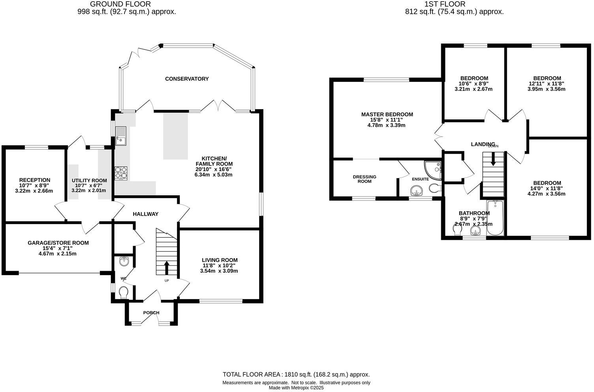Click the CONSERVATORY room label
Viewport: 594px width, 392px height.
[x=186, y=79]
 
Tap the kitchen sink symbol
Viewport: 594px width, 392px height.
[x=120, y=136]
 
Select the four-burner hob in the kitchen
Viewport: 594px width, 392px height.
[x=121, y=173]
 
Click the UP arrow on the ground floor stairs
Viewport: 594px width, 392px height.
[x=166, y=268]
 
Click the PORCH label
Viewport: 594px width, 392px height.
[x=151, y=313]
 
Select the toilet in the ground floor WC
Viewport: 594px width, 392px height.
[x=124, y=293]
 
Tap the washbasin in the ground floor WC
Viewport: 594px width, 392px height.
[x=124, y=261]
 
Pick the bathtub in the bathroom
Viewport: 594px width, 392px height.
[x=495, y=217]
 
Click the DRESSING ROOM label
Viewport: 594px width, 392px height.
[x=364, y=179]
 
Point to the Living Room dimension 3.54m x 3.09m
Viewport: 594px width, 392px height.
[x=219, y=271]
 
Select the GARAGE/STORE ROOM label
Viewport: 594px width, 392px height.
[x=58, y=243]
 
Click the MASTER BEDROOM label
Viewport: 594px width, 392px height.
[x=387, y=114]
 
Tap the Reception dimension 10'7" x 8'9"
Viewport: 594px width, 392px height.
[x=34, y=185]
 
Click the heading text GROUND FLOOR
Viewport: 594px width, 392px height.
[x=120, y=4]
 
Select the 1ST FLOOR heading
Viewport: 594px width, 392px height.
[x=445, y=4]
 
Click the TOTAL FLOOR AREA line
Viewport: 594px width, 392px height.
[x=296, y=374]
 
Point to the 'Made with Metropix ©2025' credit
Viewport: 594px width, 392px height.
[x=296, y=388]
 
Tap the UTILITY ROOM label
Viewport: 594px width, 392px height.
[x=89, y=180]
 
